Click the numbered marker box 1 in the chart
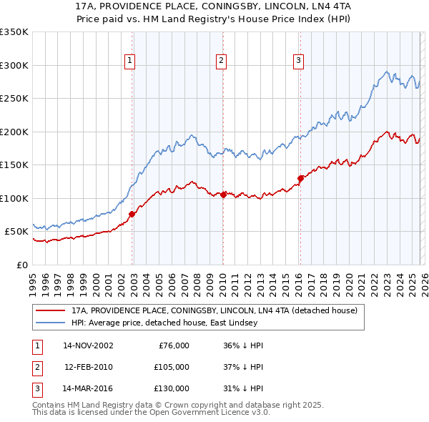[x=130, y=62]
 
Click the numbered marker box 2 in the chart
[x=222, y=62]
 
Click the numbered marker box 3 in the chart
[x=298, y=62]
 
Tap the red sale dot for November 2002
[x=132, y=214]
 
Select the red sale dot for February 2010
[x=224, y=195]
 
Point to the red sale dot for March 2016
[x=300, y=178]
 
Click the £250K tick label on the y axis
[x=14, y=99]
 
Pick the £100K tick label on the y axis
[x=14, y=198]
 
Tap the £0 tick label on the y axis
[x=21, y=265]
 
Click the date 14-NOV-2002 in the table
[x=88, y=345]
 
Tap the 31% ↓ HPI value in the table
[x=243, y=388]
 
